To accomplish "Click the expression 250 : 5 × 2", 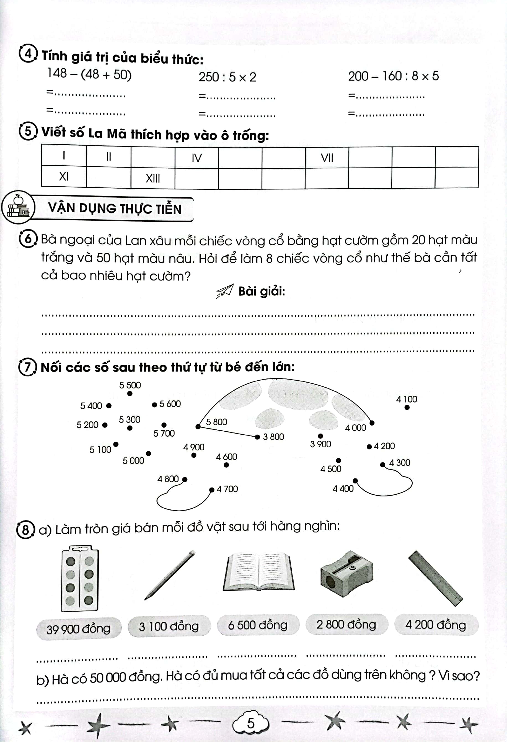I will [227, 77].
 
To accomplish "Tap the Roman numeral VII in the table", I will [327, 158].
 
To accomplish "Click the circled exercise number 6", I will [28, 239].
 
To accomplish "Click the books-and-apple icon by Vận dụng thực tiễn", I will [18, 208].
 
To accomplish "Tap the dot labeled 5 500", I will [130, 394].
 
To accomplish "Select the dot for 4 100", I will [407, 407].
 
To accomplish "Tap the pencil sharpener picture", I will [346, 574].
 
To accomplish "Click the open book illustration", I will [258, 573].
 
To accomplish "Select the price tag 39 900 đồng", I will [79, 629].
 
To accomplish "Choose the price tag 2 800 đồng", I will [346, 625].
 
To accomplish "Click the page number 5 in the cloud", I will [251, 723].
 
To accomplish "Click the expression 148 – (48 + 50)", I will [89, 74].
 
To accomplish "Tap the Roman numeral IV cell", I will [196, 158].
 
